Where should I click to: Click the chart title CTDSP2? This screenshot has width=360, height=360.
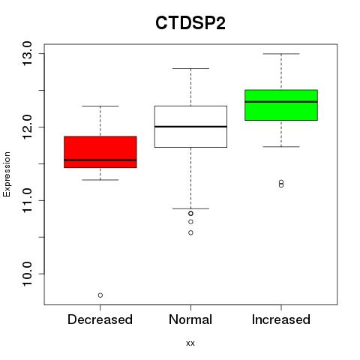click(x=190, y=23)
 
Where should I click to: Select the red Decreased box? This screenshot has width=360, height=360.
click(x=100, y=152)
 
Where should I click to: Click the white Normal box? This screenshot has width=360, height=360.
click(x=190, y=127)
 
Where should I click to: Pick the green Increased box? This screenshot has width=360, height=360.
click(x=281, y=105)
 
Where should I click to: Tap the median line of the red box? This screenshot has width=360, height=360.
click(x=100, y=160)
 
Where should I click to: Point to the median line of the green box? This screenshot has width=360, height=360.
click(x=281, y=102)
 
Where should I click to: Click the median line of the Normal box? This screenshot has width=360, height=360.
click(x=190, y=127)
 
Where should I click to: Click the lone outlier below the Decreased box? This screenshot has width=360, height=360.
click(x=100, y=295)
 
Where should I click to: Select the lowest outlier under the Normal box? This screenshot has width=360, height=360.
click(x=190, y=232)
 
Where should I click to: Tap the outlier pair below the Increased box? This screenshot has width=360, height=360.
click(x=281, y=184)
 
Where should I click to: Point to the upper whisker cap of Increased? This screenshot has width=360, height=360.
click(x=281, y=54)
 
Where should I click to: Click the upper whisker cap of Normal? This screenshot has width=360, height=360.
click(x=190, y=68)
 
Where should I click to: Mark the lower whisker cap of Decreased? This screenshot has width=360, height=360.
click(x=100, y=180)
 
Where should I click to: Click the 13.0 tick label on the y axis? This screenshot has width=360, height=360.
click(x=27, y=54)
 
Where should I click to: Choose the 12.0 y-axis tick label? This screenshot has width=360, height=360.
click(x=27, y=127)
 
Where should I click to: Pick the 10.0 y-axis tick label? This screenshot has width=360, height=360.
click(x=27, y=274)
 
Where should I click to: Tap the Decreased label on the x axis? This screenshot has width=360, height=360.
click(x=100, y=319)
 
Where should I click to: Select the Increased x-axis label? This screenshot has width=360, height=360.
click(x=281, y=319)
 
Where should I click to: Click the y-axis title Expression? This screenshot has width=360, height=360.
click(x=7, y=174)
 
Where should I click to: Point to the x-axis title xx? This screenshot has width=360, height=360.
click(x=190, y=343)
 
